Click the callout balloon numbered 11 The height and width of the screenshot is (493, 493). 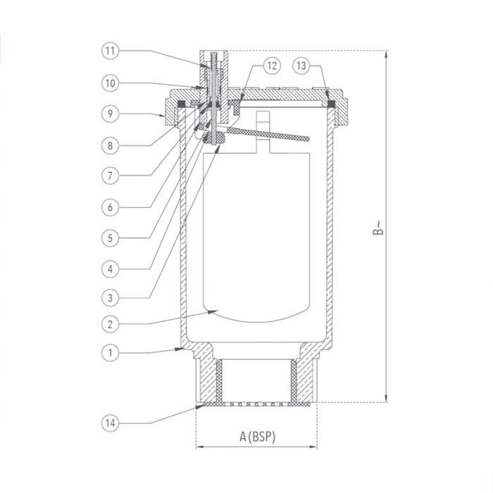(110, 51)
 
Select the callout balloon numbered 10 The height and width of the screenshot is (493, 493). (110, 82)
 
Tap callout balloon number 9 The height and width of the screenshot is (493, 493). (110, 113)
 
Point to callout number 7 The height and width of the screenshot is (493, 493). (110, 175)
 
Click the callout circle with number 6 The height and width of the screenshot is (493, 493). (110, 206)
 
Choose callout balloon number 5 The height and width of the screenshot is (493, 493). (110, 237)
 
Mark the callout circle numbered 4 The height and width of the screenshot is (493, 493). (110, 268)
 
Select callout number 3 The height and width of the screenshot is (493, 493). (110, 298)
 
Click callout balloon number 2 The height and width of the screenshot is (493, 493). (110, 324)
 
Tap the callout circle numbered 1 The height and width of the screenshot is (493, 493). (110, 350)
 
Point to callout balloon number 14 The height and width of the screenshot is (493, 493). (110, 423)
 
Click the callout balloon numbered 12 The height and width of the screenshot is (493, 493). (273, 65)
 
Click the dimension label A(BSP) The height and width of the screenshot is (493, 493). (257, 437)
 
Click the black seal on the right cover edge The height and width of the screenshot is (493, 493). (330, 105)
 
